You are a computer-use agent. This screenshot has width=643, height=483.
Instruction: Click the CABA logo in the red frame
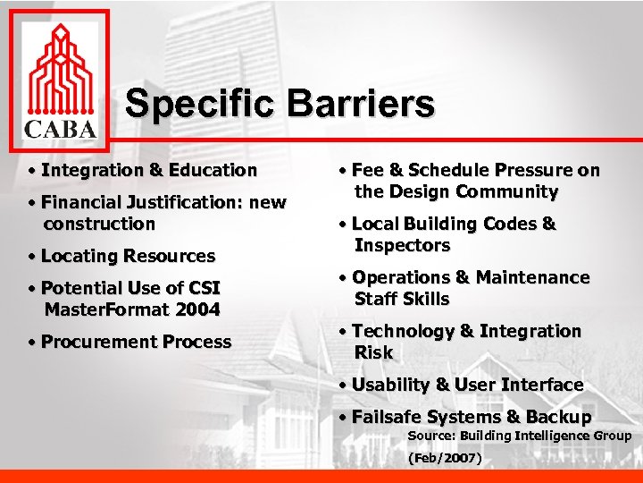click(60, 81)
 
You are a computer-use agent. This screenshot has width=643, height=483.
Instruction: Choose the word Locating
click(78, 256)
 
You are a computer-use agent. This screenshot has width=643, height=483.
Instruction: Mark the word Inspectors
click(402, 245)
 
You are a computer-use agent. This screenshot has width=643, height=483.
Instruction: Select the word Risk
click(373, 352)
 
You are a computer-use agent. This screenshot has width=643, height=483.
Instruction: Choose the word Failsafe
click(388, 417)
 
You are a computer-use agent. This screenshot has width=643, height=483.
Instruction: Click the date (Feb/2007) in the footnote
click(445, 459)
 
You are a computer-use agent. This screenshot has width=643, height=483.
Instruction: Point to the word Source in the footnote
click(431, 436)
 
